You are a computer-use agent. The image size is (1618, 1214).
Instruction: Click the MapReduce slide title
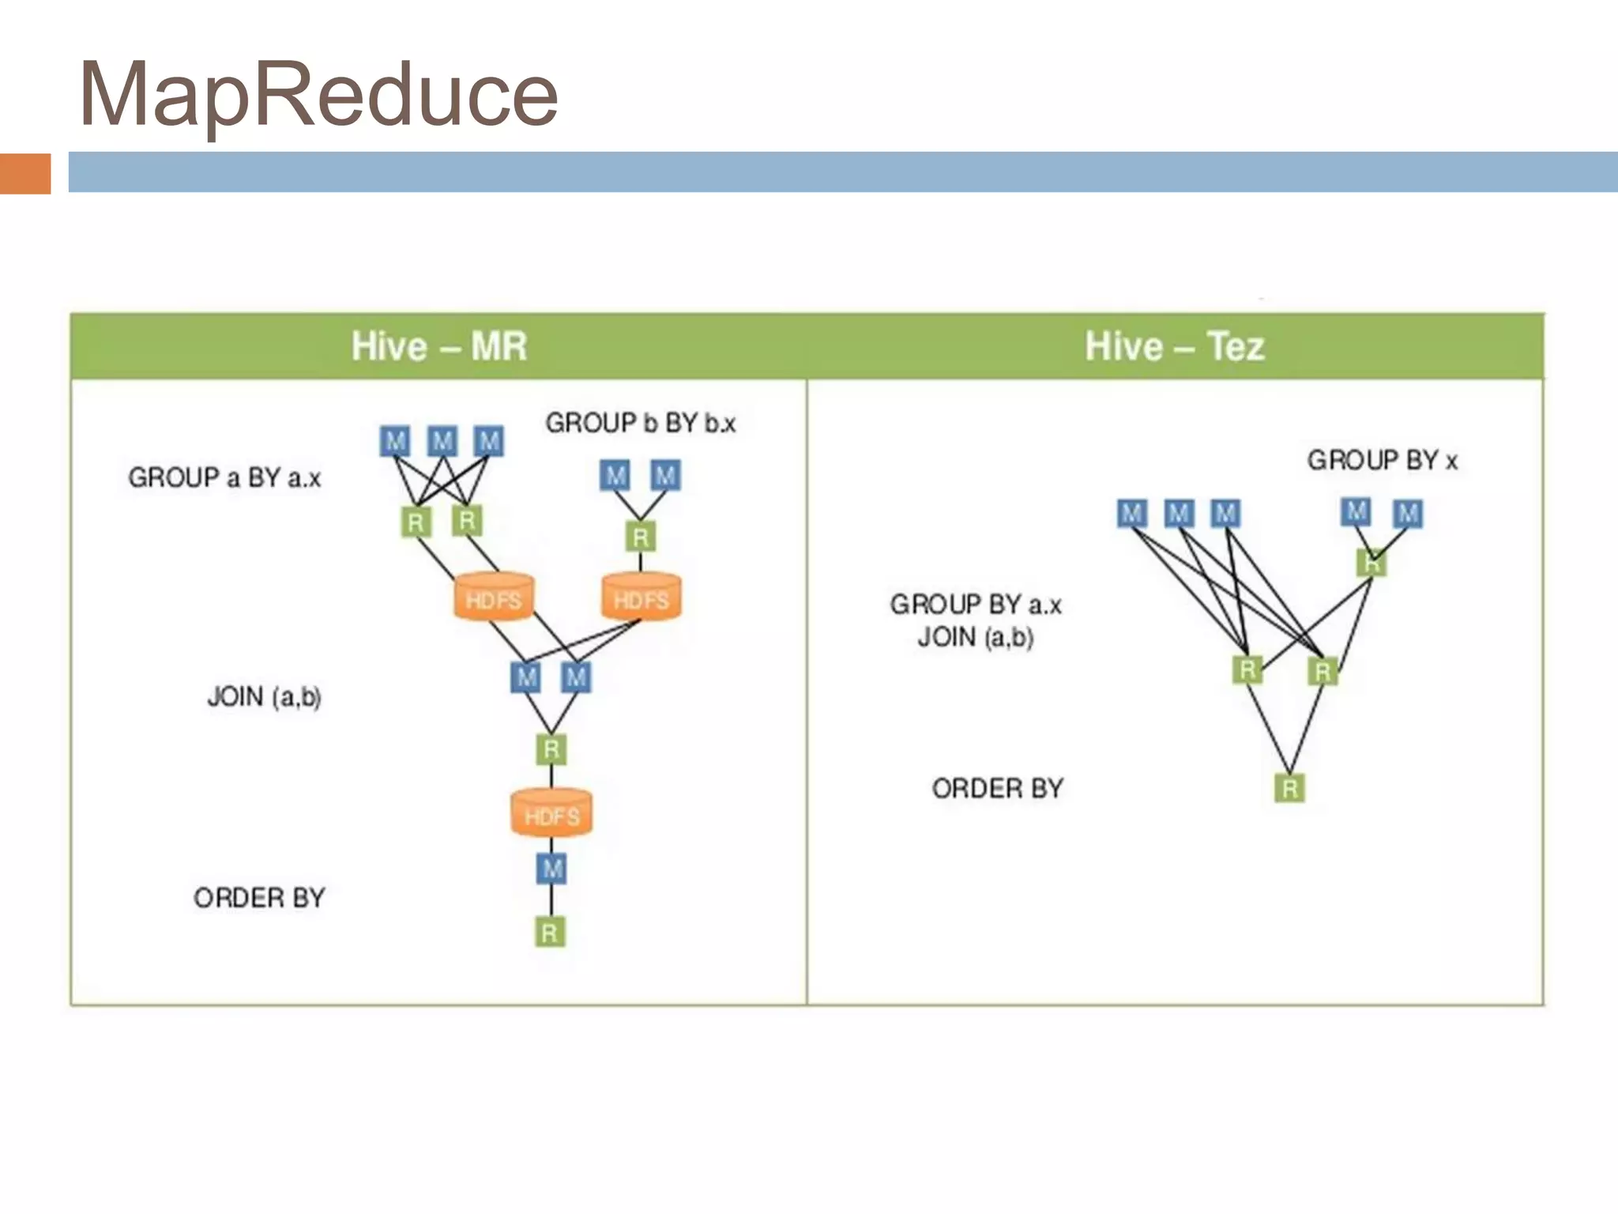[318, 95]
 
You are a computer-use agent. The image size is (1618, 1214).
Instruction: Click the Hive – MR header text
[438, 346]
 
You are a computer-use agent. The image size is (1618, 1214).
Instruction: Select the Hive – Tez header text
[1174, 346]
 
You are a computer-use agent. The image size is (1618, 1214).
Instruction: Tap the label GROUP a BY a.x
[224, 477]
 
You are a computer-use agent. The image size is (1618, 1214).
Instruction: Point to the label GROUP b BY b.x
[640, 423]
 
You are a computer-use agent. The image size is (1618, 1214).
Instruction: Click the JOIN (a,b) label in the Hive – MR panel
[264, 696]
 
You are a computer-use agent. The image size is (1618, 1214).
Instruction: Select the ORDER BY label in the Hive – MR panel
[259, 897]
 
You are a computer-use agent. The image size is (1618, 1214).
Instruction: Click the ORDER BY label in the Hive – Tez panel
[997, 788]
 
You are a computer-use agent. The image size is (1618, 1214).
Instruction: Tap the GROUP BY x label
[1382, 460]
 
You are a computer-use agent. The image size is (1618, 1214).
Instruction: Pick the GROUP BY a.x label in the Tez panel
[976, 605]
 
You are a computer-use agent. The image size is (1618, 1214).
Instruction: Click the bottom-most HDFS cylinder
[551, 814]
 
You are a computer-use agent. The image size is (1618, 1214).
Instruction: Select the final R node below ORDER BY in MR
[550, 933]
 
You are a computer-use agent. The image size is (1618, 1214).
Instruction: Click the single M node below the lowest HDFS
[551, 869]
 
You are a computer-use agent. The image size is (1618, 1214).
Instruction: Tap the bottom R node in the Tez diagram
[1289, 788]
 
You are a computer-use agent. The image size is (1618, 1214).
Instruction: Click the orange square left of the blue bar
[25, 173]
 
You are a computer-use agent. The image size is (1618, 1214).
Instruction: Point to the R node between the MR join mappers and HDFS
[551, 748]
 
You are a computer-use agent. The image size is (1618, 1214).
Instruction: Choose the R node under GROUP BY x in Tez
[1372, 564]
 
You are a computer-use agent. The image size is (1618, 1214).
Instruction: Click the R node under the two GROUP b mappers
[640, 537]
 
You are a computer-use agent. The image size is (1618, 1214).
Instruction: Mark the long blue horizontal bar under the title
[842, 172]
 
